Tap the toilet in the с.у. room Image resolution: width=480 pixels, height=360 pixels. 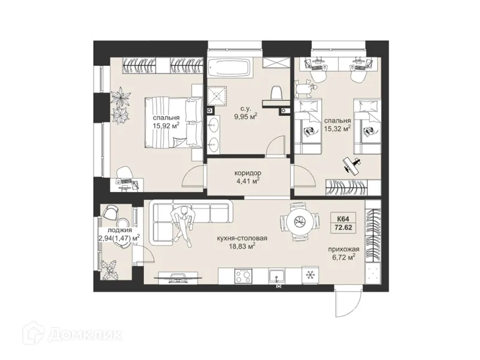(277, 93)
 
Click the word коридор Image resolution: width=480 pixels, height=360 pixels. (248, 173)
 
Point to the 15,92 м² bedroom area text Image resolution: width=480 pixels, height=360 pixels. (166, 125)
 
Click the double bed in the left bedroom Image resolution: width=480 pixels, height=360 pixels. (173, 122)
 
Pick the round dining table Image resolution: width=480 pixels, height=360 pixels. (300, 221)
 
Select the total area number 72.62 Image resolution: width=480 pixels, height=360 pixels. (343, 228)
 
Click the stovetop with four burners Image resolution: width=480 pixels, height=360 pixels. (243, 276)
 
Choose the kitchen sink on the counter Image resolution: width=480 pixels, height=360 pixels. (277, 277)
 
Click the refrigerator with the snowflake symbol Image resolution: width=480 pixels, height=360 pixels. (310, 275)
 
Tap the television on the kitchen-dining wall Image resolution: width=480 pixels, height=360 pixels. (178, 277)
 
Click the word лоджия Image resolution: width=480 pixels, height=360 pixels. (119, 230)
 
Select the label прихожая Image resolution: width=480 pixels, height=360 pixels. (343, 249)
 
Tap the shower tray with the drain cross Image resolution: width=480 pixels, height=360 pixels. (217, 96)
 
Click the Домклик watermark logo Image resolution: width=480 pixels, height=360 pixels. (73, 335)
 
